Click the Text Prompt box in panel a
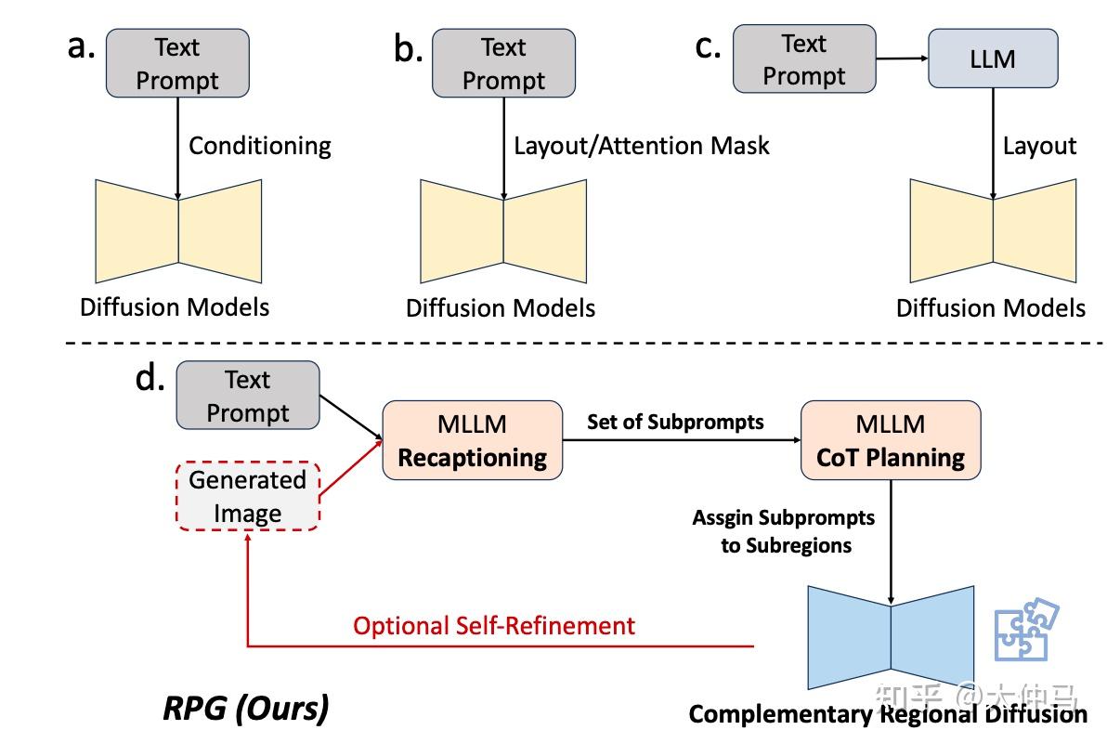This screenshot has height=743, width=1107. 177,63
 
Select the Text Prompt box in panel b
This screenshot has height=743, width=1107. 503,63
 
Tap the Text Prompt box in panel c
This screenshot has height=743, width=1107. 804,59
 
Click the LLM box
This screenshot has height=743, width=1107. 993,59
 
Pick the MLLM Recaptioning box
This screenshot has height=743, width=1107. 473,440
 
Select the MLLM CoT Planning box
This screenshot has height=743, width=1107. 891,440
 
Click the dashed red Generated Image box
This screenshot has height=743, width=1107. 247,497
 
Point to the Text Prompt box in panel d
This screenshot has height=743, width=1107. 247,397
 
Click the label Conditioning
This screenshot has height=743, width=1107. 260,146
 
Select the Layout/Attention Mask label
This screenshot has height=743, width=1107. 642,146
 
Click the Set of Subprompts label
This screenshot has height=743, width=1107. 675,422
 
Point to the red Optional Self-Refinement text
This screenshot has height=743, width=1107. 494,625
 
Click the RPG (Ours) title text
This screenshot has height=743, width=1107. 246,709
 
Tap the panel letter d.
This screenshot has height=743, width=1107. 150,378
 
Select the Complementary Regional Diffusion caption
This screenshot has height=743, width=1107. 888,714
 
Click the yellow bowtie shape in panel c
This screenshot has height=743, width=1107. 993,230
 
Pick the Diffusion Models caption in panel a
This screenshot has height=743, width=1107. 175,306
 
